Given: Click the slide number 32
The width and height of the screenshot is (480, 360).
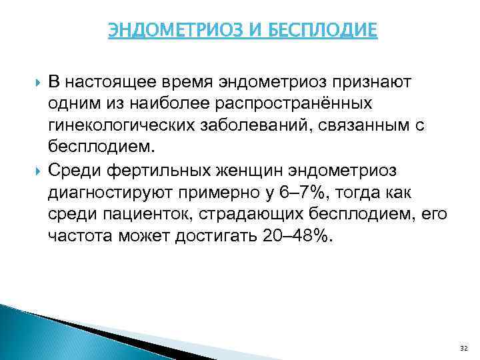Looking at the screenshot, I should tap(464, 348).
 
